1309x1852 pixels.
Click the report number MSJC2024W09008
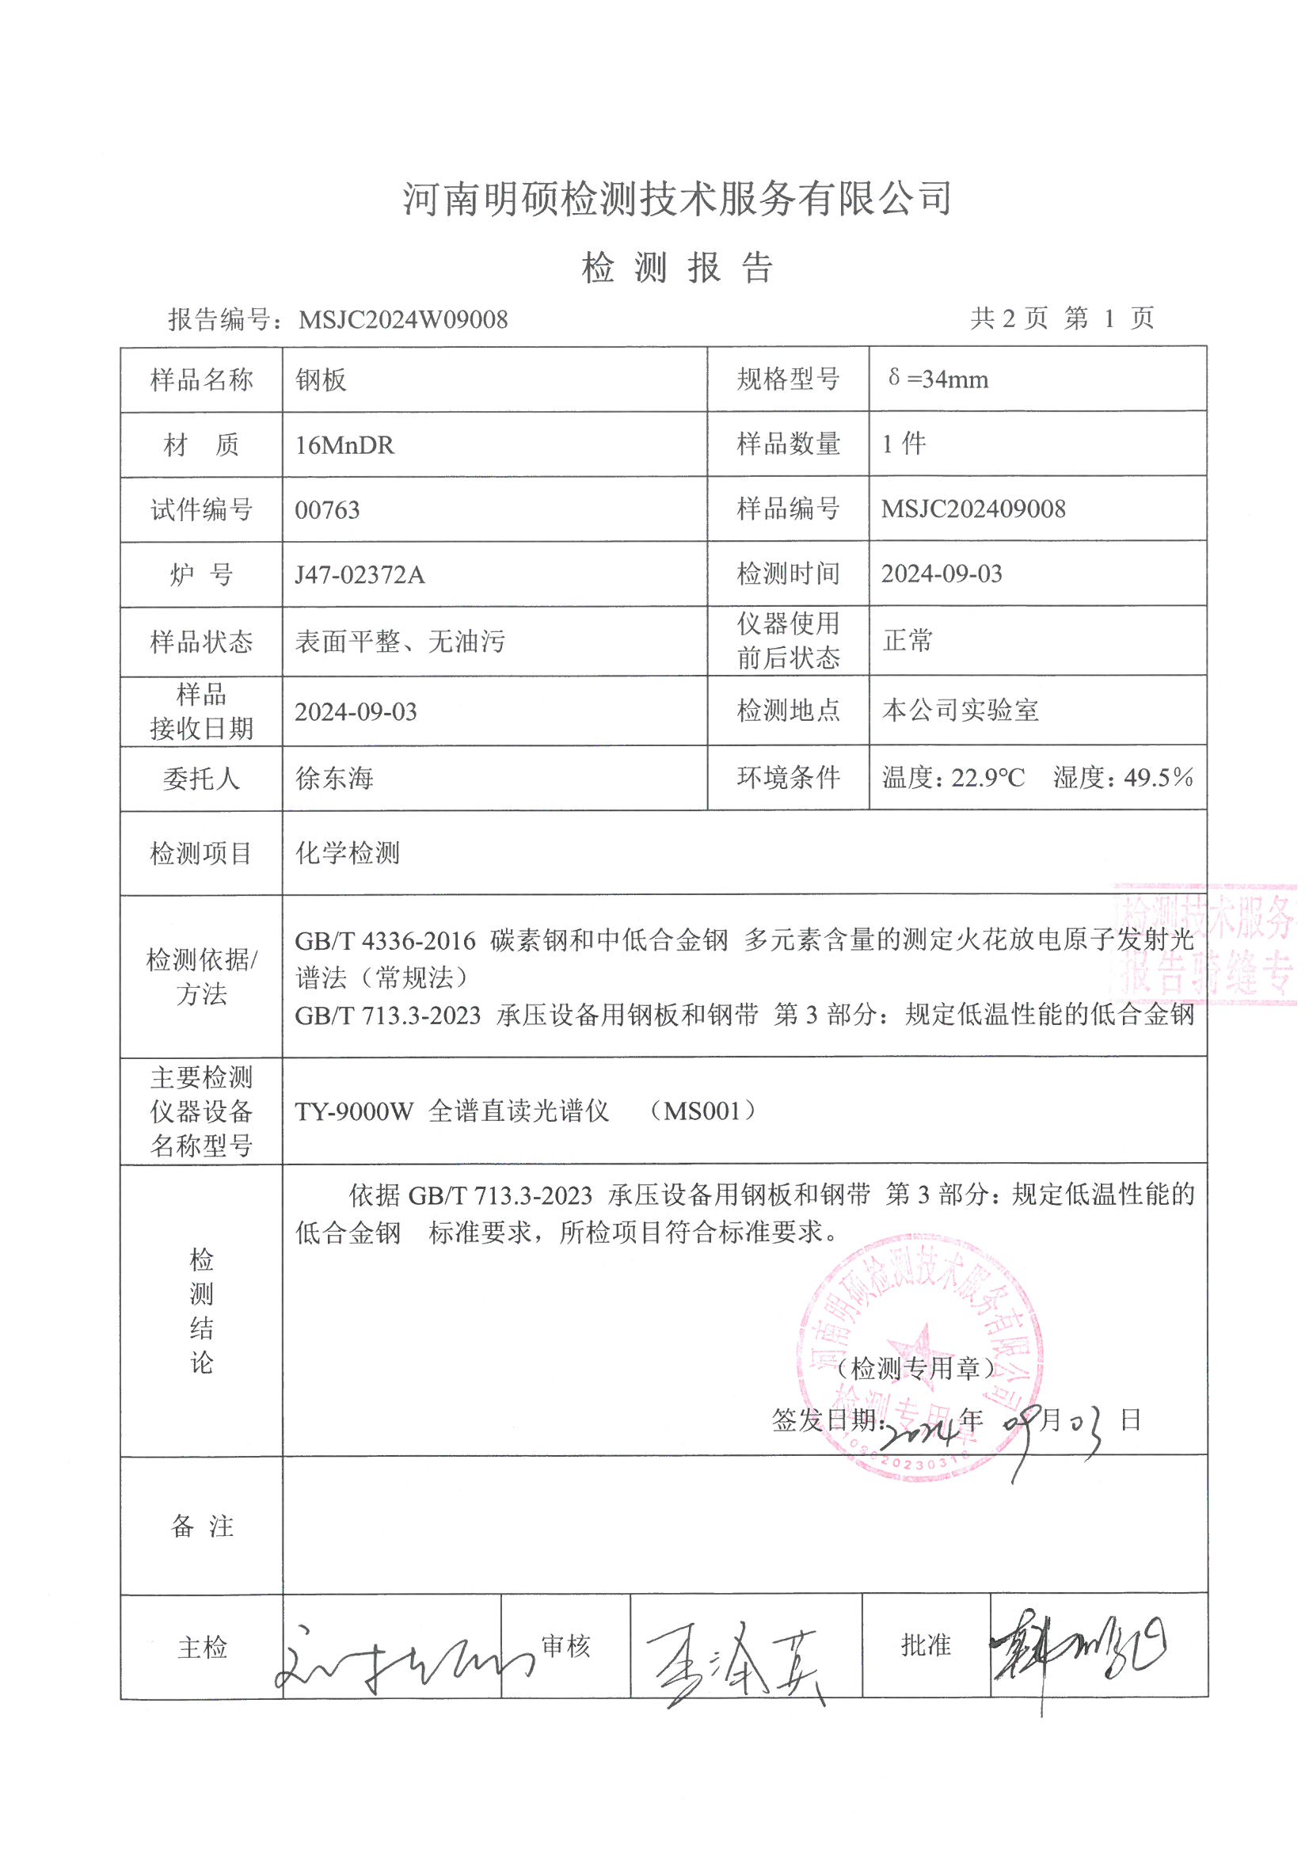coord(402,319)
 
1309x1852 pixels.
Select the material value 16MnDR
coord(344,445)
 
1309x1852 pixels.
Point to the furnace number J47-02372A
coord(359,574)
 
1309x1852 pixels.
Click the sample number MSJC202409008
coord(972,509)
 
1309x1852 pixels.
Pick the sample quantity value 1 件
coord(904,444)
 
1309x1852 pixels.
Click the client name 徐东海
coord(335,779)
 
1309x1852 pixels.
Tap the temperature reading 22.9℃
coord(988,778)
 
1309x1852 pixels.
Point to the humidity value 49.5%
coord(1159,778)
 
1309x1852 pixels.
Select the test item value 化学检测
coord(347,852)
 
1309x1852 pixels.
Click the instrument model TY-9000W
coord(353,1111)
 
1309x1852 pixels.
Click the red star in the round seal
coord(919,1349)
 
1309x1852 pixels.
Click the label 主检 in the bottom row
coord(202,1647)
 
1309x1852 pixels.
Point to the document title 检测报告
coord(678,268)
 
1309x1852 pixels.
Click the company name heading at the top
coord(678,198)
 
